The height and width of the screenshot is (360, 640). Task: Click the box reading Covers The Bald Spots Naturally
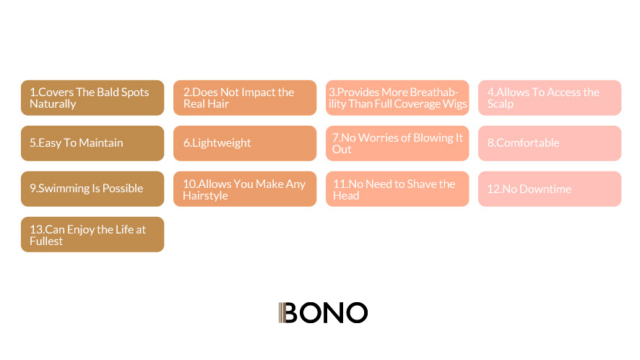[x=92, y=98]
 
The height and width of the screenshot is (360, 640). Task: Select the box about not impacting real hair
[x=245, y=98]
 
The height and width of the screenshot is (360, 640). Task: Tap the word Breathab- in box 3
[x=433, y=92]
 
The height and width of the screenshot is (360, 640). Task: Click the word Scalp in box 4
[x=501, y=104]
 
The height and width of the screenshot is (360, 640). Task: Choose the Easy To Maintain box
[x=92, y=143]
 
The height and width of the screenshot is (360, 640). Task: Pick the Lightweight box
[x=245, y=143]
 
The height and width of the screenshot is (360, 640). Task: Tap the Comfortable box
[x=550, y=143]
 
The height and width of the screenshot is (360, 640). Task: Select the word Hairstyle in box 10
[x=205, y=196]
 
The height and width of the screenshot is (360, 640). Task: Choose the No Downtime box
[x=550, y=189]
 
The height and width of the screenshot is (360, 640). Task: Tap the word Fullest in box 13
[x=46, y=241]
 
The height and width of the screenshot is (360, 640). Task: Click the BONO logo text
[x=326, y=312]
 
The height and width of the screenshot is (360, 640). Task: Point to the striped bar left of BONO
[x=281, y=312]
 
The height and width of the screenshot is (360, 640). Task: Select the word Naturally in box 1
[x=53, y=104]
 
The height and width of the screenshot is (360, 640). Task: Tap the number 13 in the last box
[x=35, y=229]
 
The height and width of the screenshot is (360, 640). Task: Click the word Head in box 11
[x=346, y=196]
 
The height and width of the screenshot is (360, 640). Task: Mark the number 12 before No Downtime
[x=493, y=189]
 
